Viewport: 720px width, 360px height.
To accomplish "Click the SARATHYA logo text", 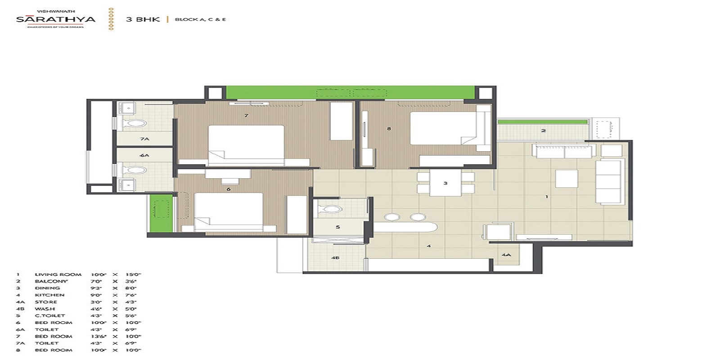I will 55,19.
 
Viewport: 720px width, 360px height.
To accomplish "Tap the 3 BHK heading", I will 143,19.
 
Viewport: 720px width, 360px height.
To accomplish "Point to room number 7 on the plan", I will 246,116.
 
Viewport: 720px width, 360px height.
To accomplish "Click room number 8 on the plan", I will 389,129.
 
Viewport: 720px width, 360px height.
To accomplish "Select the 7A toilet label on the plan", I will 144,139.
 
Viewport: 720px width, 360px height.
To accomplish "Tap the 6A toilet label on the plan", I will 144,155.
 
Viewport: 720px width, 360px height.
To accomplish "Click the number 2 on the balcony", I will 543,131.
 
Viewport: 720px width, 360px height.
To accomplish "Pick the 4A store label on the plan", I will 506,255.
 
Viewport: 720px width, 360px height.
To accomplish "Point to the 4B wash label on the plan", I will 335,258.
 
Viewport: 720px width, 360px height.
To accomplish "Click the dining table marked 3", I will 445,183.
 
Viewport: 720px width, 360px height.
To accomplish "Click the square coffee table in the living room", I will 567,179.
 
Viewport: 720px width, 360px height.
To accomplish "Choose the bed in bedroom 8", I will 443,128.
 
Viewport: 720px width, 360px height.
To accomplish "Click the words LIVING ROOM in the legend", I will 58,274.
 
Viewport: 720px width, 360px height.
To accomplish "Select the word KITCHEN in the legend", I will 49,295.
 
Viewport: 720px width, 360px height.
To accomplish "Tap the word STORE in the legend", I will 46,302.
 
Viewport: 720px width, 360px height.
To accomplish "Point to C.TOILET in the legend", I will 49,316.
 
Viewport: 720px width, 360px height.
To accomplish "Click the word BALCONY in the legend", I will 51,281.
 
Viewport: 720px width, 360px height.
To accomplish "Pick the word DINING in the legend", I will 47,288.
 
